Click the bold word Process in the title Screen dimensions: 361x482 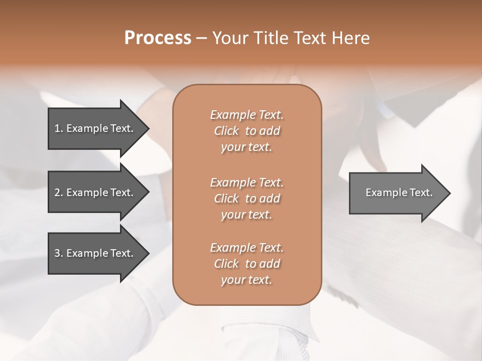point(158,38)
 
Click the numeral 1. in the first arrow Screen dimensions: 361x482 point(58,128)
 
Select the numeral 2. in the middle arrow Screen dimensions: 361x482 point(58,193)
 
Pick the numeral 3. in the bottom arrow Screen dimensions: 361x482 point(58,253)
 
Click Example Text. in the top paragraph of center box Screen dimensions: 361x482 point(247,115)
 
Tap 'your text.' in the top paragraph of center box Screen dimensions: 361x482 point(247,147)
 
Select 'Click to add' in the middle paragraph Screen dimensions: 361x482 point(247,199)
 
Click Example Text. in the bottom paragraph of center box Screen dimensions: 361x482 point(247,248)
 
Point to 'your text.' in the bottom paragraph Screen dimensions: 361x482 point(247,280)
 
